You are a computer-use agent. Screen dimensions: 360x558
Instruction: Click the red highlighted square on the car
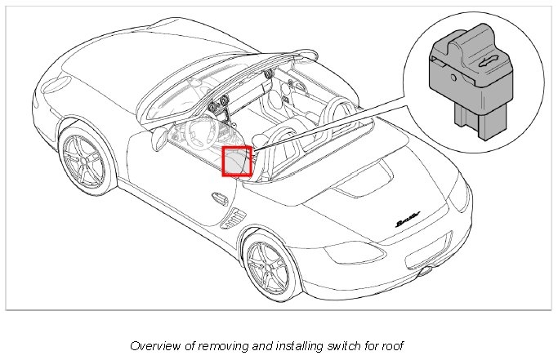coord(237,161)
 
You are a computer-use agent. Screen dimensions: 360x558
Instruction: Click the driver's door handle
coord(219,197)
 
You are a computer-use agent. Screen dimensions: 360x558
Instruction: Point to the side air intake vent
coord(235,218)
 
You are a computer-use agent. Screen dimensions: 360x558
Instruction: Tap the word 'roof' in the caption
coord(391,345)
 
